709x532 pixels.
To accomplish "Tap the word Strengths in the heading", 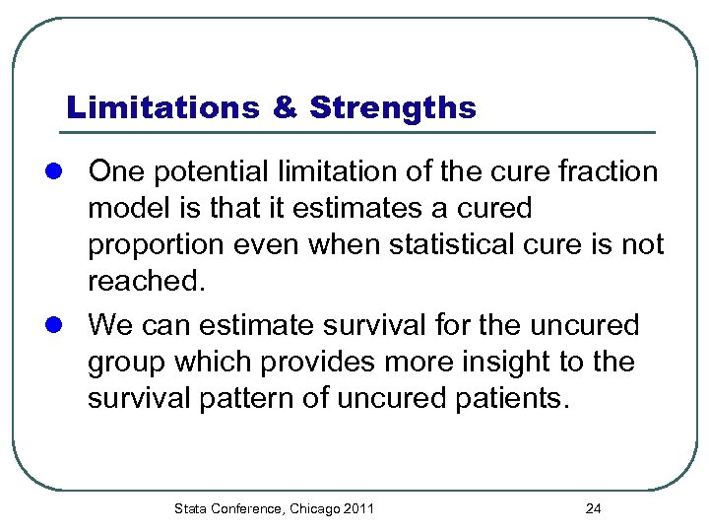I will coord(392,107).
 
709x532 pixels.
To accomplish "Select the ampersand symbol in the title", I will coord(284,107).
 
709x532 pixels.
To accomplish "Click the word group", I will coord(130,363).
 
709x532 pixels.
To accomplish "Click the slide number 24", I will coord(593,508).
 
